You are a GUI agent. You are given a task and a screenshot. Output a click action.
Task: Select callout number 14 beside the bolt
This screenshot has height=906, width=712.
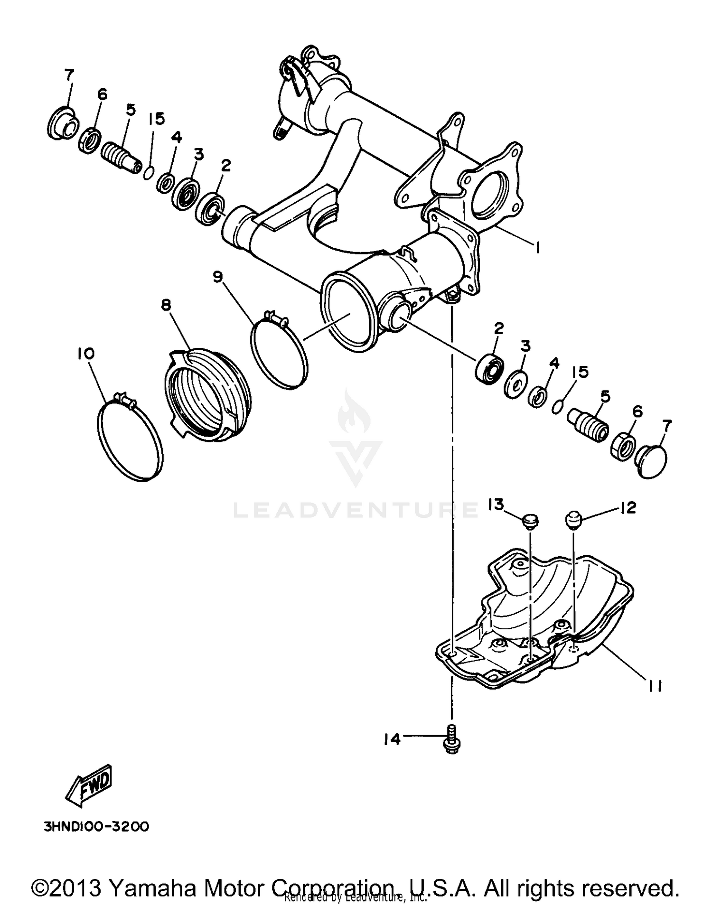[392, 739]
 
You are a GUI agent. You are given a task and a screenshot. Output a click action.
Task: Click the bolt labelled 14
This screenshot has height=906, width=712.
[451, 740]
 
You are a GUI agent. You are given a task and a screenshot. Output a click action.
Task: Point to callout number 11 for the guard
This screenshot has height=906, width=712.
[655, 686]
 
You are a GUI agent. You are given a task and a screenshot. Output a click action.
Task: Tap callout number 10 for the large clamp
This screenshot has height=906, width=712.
[87, 354]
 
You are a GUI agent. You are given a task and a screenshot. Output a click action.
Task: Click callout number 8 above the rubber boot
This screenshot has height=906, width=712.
[166, 305]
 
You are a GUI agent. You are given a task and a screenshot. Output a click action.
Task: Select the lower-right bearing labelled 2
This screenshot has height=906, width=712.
[489, 366]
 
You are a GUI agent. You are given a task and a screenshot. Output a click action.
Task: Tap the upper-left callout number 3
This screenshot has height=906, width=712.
[199, 154]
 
